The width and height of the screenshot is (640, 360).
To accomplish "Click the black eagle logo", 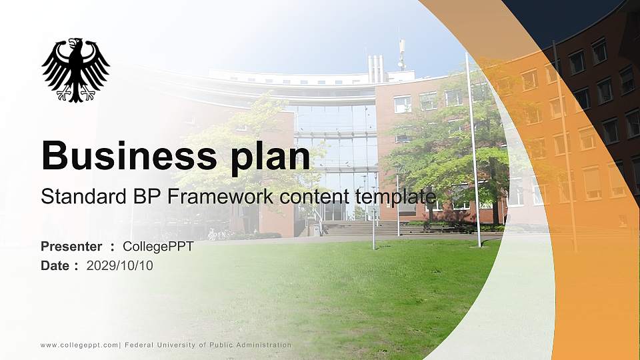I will pos(75,69).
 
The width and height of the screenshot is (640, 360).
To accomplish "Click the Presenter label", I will pos(71,247).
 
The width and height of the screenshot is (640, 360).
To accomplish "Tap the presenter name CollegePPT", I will pos(158,247).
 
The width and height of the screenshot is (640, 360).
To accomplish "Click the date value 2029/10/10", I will pos(120,266).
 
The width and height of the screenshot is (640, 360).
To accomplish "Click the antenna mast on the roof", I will pos(402,53).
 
